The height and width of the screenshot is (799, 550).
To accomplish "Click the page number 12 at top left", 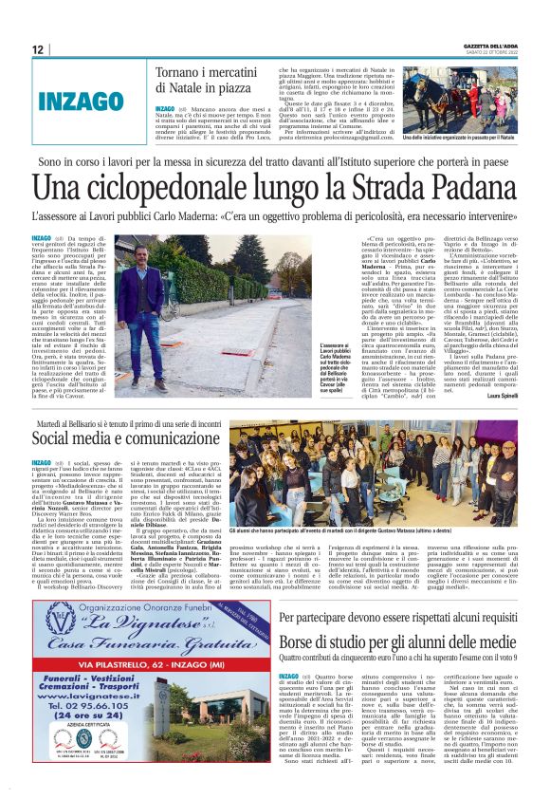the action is pyautogui.click(x=38, y=49).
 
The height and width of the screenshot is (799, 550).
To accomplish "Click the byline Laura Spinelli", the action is pyautogui.click(x=499, y=396).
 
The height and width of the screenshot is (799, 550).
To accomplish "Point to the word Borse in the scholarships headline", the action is pyautogui.click(x=302, y=642).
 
